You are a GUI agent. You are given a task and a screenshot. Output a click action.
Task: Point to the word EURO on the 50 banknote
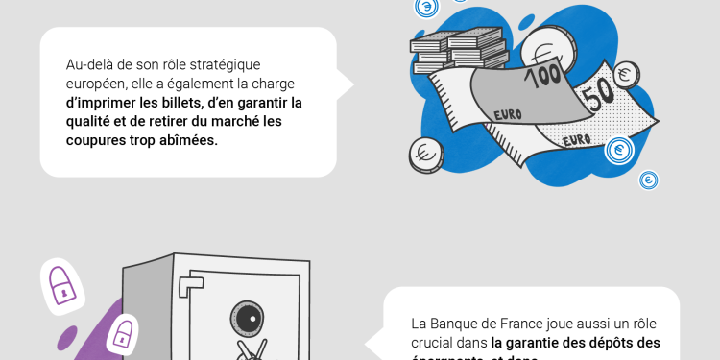(x=576, y=141)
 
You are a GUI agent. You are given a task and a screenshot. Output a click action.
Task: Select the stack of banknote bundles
(x=457, y=49)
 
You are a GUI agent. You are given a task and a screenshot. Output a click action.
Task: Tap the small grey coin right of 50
(x=628, y=73)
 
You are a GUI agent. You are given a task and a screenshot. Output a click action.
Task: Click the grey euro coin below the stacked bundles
(x=424, y=154)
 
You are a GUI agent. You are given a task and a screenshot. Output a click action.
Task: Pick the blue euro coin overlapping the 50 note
(x=620, y=151)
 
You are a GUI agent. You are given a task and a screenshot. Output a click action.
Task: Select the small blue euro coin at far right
(x=649, y=180)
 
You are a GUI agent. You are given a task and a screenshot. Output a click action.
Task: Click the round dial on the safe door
(x=244, y=318)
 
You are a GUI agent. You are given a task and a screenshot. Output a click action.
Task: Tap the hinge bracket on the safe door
(x=196, y=286)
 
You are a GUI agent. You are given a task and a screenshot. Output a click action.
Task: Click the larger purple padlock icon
(x=63, y=284)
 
